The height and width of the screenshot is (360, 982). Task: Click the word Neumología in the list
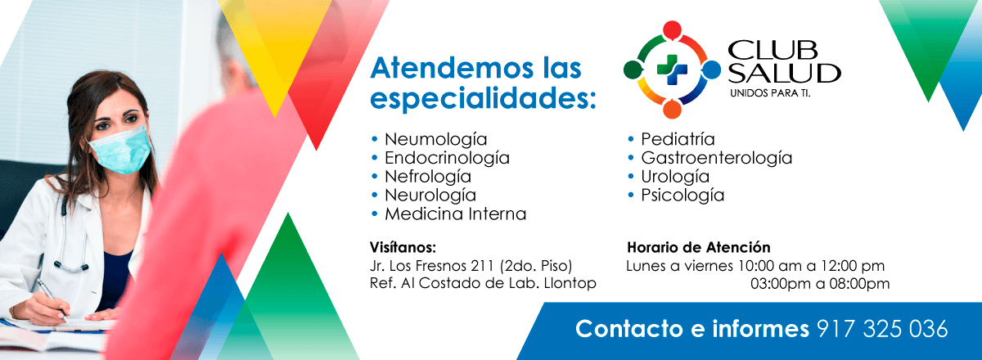click(435, 140)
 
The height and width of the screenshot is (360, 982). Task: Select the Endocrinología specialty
click(447, 158)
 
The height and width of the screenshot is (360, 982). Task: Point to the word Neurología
click(430, 196)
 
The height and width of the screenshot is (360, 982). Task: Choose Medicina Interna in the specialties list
click(456, 214)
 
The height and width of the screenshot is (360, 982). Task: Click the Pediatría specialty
click(678, 139)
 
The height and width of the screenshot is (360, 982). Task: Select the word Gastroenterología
click(717, 158)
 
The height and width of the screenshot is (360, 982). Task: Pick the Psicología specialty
click(682, 196)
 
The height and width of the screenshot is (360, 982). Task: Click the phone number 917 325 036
click(882, 329)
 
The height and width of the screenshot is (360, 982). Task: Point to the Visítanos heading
click(403, 247)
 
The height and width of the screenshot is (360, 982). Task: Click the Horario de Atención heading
click(698, 247)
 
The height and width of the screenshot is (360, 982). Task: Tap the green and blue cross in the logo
click(672, 70)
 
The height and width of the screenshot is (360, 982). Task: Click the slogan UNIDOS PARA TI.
click(770, 93)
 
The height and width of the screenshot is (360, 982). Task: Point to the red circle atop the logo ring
click(672, 29)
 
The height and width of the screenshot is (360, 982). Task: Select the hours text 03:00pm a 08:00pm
click(820, 284)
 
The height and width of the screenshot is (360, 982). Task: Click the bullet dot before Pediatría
click(631, 139)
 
